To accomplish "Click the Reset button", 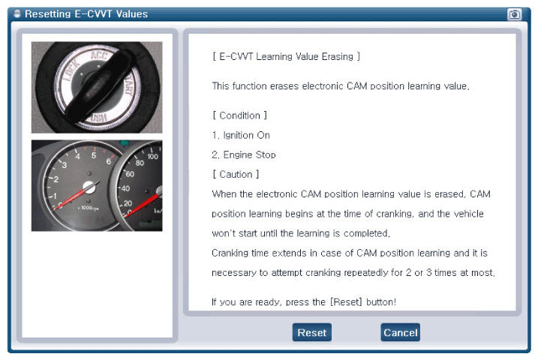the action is pyautogui.click(x=312, y=332).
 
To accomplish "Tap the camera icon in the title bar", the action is pyautogui.click(x=514, y=14).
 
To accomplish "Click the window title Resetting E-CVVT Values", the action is pyautogui.click(x=86, y=14).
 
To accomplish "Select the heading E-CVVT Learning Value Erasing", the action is pyautogui.click(x=286, y=56).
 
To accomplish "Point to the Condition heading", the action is pyautogui.click(x=239, y=115).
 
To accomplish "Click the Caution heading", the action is pyautogui.click(x=236, y=175).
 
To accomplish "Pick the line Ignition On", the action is pyautogui.click(x=241, y=135).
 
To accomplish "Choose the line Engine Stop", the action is pyautogui.click(x=244, y=154).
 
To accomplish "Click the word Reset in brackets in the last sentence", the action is pyautogui.click(x=346, y=302).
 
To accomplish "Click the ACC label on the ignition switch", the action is pyautogui.click(x=100, y=55).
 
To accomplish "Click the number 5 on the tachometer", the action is pyautogui.click(x=93, y=155).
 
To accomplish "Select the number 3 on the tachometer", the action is pyautogui.click(x=65, y=165).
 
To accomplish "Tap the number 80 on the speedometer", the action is pyautogui.click(x=140, y=163).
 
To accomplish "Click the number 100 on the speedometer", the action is pyautogui.click(x=152, y=157).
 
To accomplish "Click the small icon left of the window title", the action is pyautogui.click(x=17, y=13).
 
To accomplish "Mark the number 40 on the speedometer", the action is pyautogui.click(x=125, y=188).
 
